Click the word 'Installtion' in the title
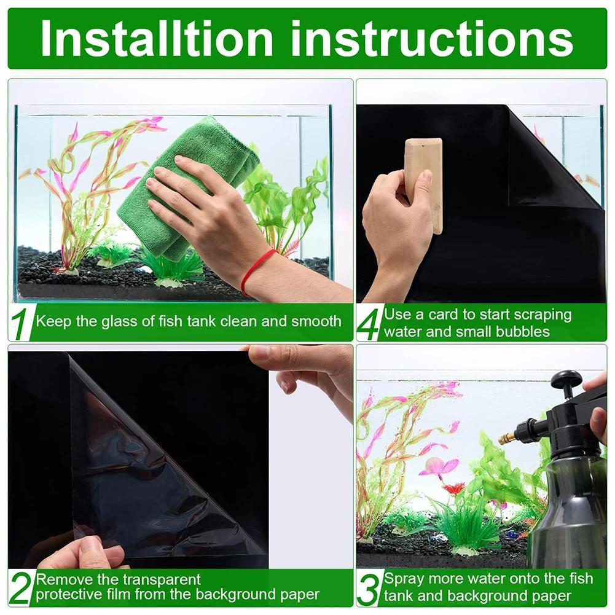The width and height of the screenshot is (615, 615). point(156,38)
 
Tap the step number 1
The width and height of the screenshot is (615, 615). point(22,324)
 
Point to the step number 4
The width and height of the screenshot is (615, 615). point(369,324)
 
